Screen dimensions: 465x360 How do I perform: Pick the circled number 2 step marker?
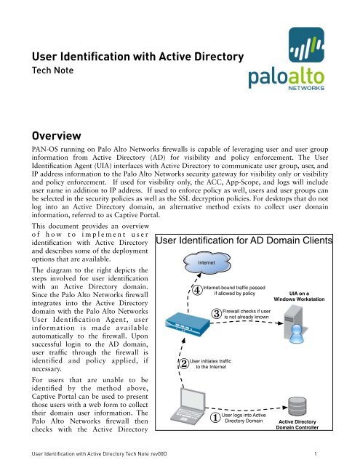click(x=185, y=363)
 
